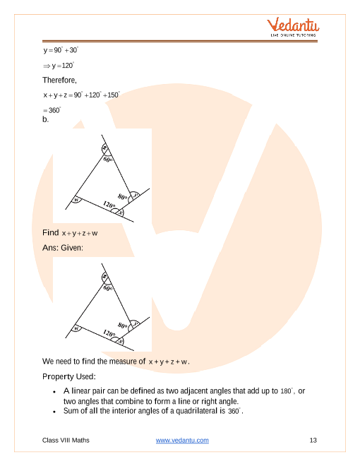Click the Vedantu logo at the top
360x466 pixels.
point(293,27)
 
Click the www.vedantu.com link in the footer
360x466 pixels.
point(182,440)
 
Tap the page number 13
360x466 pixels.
point(313,440)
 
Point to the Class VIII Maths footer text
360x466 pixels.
point(66,440)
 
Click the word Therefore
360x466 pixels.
point(59,80)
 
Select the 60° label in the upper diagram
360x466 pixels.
point(108,160)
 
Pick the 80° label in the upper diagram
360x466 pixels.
point(122,197)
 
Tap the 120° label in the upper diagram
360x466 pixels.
point(109,205)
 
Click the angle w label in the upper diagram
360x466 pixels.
point(76,200)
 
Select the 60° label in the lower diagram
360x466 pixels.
point(108,288)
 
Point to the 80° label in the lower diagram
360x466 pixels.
point(122,325)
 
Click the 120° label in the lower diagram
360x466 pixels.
point(109,333)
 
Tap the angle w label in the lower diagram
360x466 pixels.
point(76,328)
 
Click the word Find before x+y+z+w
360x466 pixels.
point(51,232)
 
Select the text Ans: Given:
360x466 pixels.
point(63,248)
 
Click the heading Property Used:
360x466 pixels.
point(69,376)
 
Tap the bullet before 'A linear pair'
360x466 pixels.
point(54,392)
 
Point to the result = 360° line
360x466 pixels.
point(52,110)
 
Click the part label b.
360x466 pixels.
point(45,119)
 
